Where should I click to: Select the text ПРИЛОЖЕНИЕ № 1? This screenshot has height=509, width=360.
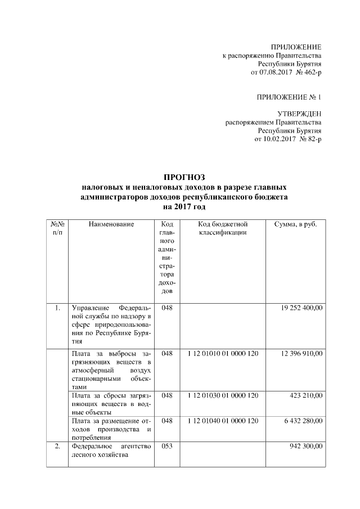(x=289, y=97)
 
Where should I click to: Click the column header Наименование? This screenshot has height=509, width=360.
(x=111, y=225)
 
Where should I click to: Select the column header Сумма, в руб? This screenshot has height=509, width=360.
(x=295, y=225)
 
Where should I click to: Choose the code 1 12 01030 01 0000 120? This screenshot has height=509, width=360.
(x=223, y=396)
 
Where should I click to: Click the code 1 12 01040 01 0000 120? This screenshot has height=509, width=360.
(x=223, y=420)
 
